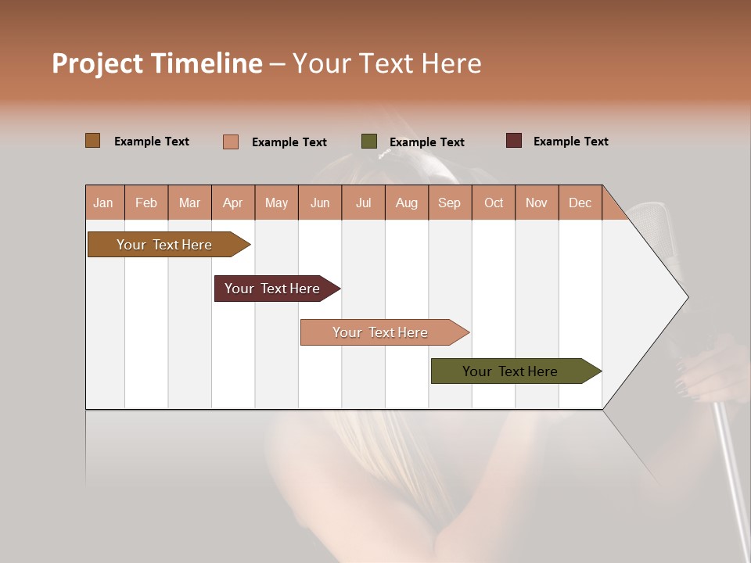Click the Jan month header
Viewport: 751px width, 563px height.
[x=104, y=203]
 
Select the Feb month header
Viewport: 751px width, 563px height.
[x=146, y=203]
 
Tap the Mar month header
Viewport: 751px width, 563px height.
[x=189, y=203]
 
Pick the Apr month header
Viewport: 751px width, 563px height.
[x=233, y=203]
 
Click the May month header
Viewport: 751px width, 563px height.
[x=276, y=203]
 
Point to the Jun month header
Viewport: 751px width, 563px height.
[x=320, y=203]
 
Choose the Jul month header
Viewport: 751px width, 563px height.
[x=363, y=203]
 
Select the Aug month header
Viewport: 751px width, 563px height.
[x=407, y=203]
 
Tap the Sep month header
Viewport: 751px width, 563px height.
[x=450, y=203]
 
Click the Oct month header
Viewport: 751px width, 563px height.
[x=494, y=203]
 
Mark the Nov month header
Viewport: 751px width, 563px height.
[x=537, y=203]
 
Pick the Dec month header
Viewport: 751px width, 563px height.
[x=580, y=203]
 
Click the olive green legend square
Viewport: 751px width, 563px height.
[x=369, y=142]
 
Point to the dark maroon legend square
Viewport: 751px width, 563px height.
[x=514, y=141]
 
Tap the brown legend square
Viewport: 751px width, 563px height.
[x=93, y=141]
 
